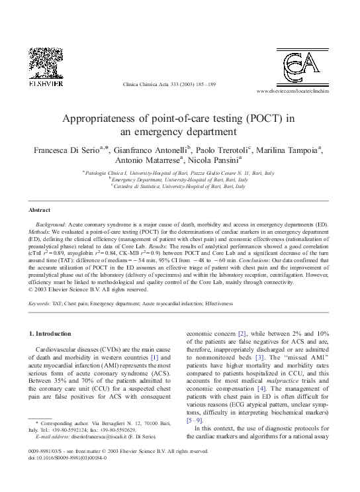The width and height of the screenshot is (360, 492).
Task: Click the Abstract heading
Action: point(41,209)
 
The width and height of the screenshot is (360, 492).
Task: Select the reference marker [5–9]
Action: point(197,419)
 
